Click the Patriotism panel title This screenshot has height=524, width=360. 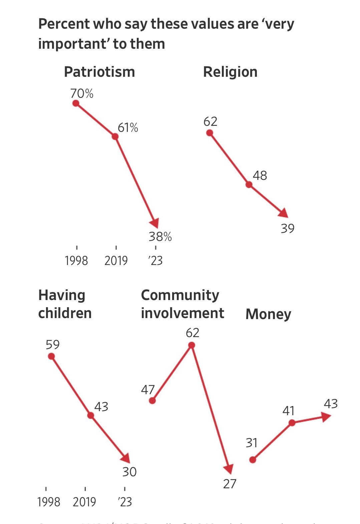point(99,72)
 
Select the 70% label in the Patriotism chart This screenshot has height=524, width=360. point(82,93)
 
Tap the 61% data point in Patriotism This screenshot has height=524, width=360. point(115,137)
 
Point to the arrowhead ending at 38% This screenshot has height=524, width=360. point(154,223)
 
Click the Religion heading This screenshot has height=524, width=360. point(230,72)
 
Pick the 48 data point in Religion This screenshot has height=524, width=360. point(249,184)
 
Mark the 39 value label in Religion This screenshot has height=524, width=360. point(287,229)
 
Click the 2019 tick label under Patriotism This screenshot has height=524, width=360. point(116,261)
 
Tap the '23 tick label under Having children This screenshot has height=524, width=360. point(125,502)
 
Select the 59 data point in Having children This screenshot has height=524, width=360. point(51,356)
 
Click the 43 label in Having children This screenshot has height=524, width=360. point(101,407)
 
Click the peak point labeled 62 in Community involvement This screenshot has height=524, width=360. point(192,345)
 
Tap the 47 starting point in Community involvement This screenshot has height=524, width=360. point(152,401)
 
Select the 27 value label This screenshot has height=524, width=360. point(230,484)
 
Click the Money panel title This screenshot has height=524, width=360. point(268,314)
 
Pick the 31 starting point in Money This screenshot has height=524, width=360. point(253,460)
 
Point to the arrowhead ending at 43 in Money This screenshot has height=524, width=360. point(327,417)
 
